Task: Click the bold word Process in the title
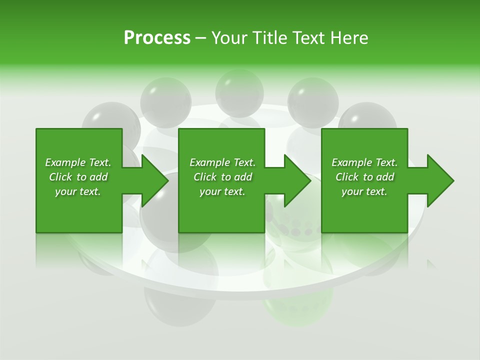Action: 157,37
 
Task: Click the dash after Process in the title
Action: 201,38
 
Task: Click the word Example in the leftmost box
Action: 65,162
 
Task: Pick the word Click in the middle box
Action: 205,177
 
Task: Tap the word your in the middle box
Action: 210,191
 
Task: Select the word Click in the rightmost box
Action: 347,177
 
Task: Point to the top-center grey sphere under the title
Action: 239,92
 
